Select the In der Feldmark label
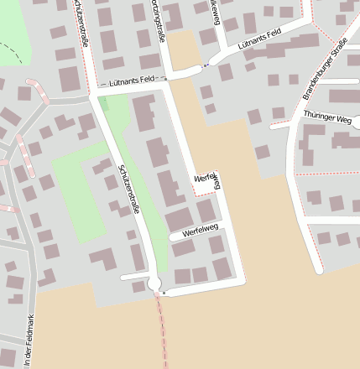[30, 340]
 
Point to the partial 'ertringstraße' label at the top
[157, 15]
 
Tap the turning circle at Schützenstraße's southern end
[154, 284]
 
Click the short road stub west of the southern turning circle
[133, 276]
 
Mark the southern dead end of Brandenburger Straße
[318, 270]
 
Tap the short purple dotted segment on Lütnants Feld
[205, 65]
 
